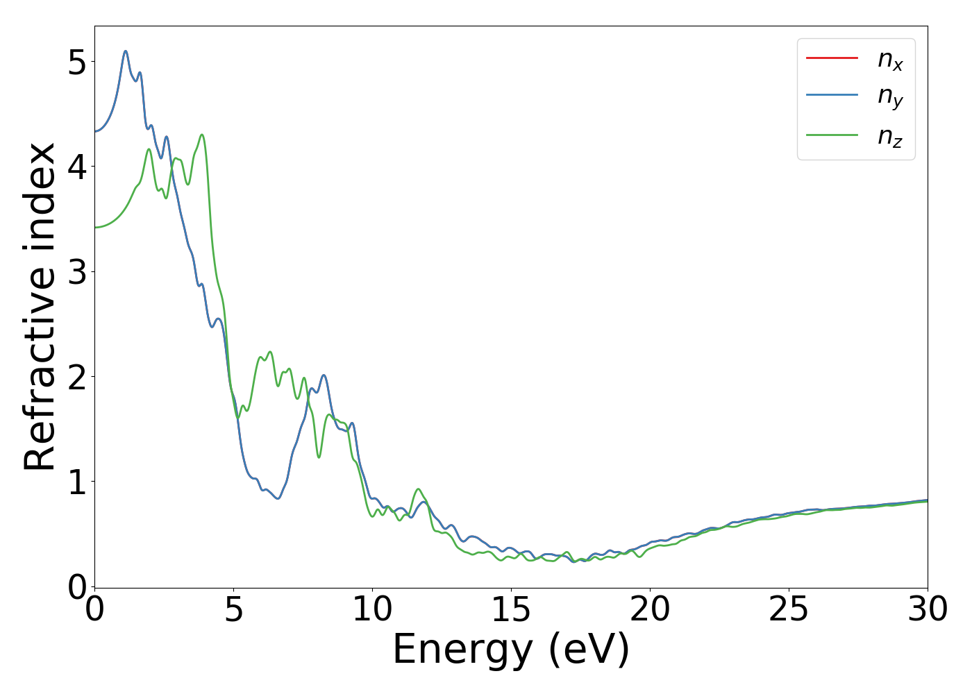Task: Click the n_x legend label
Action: (x=890, y=60)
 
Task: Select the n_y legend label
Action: (x=890, y=97)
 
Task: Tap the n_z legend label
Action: (x=890, y=137)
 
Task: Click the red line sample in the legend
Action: (x=832, y=58)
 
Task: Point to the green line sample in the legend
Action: (x=832, y=135)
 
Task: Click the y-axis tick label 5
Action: (x=78, y=63)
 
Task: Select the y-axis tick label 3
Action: (x=78, y=272)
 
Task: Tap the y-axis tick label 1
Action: (x=78, y=482)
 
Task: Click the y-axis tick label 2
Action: (x=78, y=377)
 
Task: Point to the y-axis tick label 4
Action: (x=78, y=167)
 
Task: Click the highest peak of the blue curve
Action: (x=126, y=51)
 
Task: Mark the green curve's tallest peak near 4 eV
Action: (x=202, y=135)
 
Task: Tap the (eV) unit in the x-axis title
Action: (x=589, y=651)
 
